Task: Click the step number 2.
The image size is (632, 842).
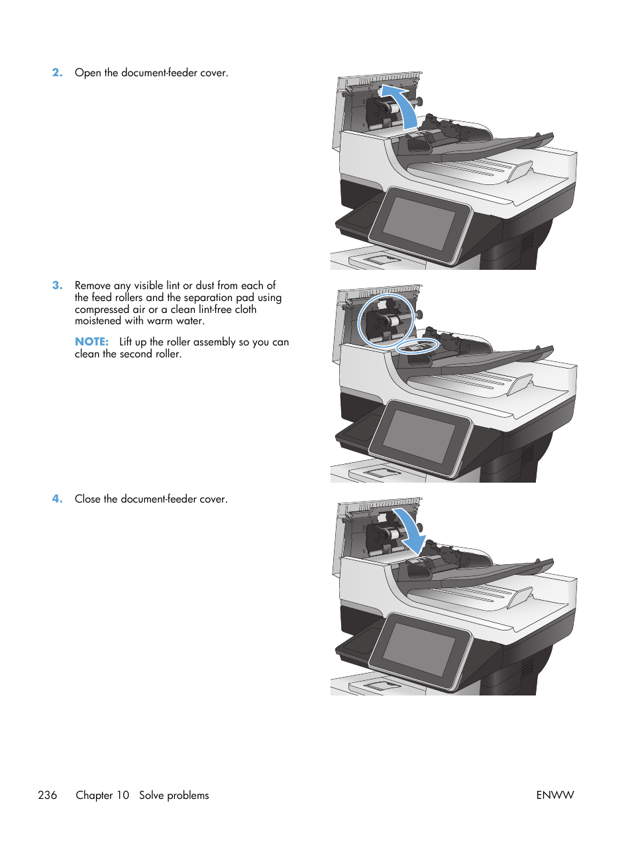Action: coord(57,73)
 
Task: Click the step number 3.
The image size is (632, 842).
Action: coord(57,286)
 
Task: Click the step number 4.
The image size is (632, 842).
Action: coord(57,499)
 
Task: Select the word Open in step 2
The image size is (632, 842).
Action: coord(88,73)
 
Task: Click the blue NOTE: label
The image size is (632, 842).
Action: coord(91,342)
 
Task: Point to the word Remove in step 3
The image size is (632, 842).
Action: coord(93,286)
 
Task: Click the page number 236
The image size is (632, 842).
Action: coord(48,795)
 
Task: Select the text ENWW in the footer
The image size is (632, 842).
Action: coord(554,795)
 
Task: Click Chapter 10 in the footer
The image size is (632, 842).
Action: coord(102,795)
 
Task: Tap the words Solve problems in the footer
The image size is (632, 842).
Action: coord(174,795)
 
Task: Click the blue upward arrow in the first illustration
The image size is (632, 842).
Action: coord(403,106)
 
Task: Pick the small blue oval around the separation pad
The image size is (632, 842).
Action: coord(417,346)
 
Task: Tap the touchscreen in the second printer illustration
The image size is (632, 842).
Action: coord(419,436)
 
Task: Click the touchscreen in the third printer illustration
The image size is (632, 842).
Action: coord(419,648)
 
